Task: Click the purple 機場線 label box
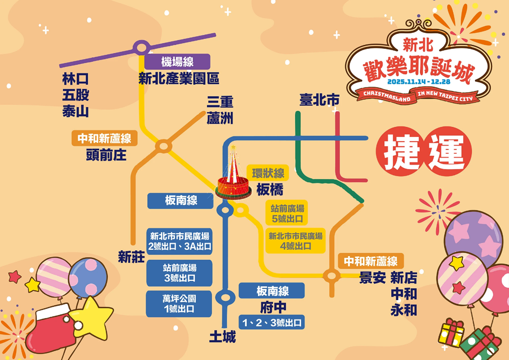[177, 62]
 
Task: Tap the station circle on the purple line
[141, 47]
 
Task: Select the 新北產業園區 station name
[179, 79]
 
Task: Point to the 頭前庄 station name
[106, 154]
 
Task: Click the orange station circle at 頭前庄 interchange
[164, 146]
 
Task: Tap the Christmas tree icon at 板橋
[233, 177]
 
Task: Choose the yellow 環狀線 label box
[268, 174]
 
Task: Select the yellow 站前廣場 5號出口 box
[287, 213]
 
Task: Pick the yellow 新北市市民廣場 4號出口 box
[296, 241]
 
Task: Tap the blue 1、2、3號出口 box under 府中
[272, 322]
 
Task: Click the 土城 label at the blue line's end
[222, 337]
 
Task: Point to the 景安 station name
[372, 278]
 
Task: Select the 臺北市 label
[319, 100]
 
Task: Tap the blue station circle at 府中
[225, 298]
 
